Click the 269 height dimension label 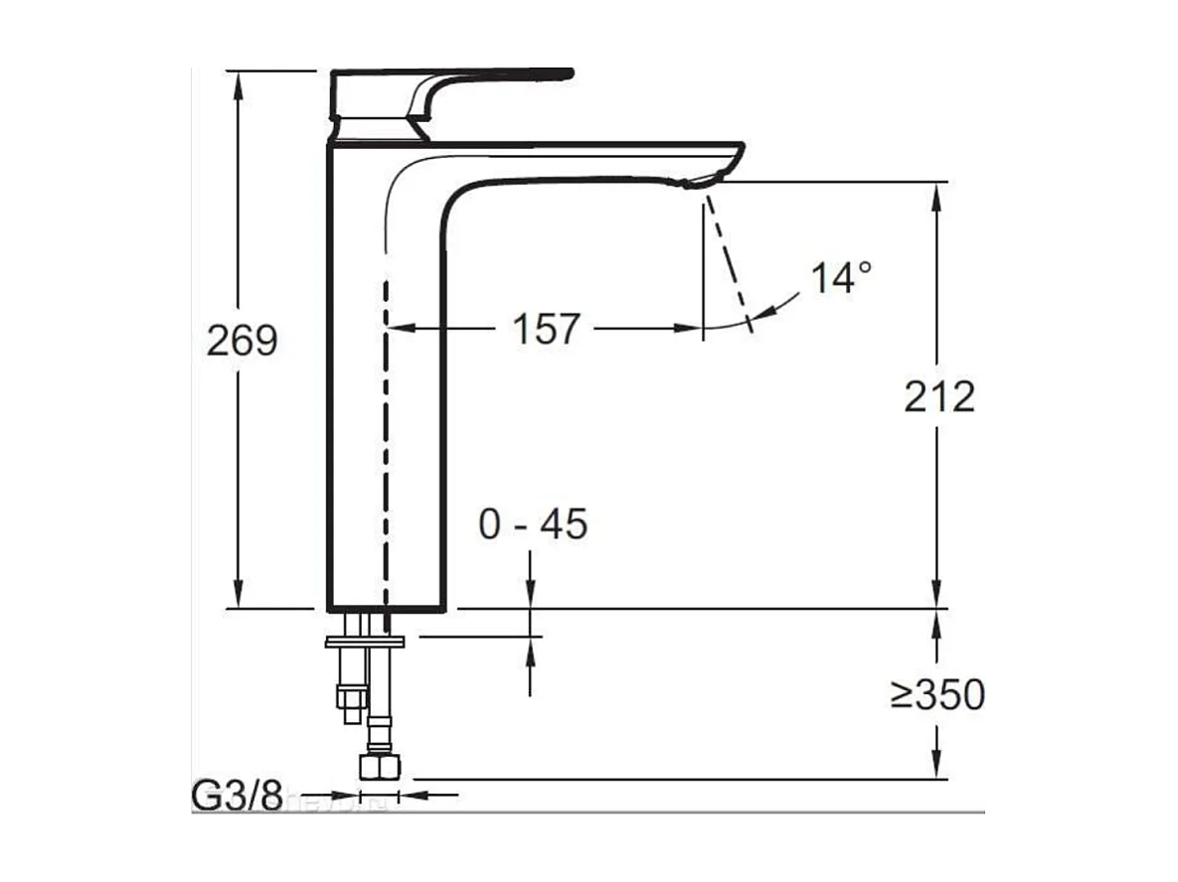click(x=241, y=341)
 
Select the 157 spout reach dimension click(x=545, y=328)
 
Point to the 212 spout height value click(x=938, y=397)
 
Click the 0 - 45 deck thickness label click(x=533, y=524)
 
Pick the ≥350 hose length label click(x=936, y=695)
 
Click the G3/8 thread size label click(x=237, y=796)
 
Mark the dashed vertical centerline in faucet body click(x=385, y=447)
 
